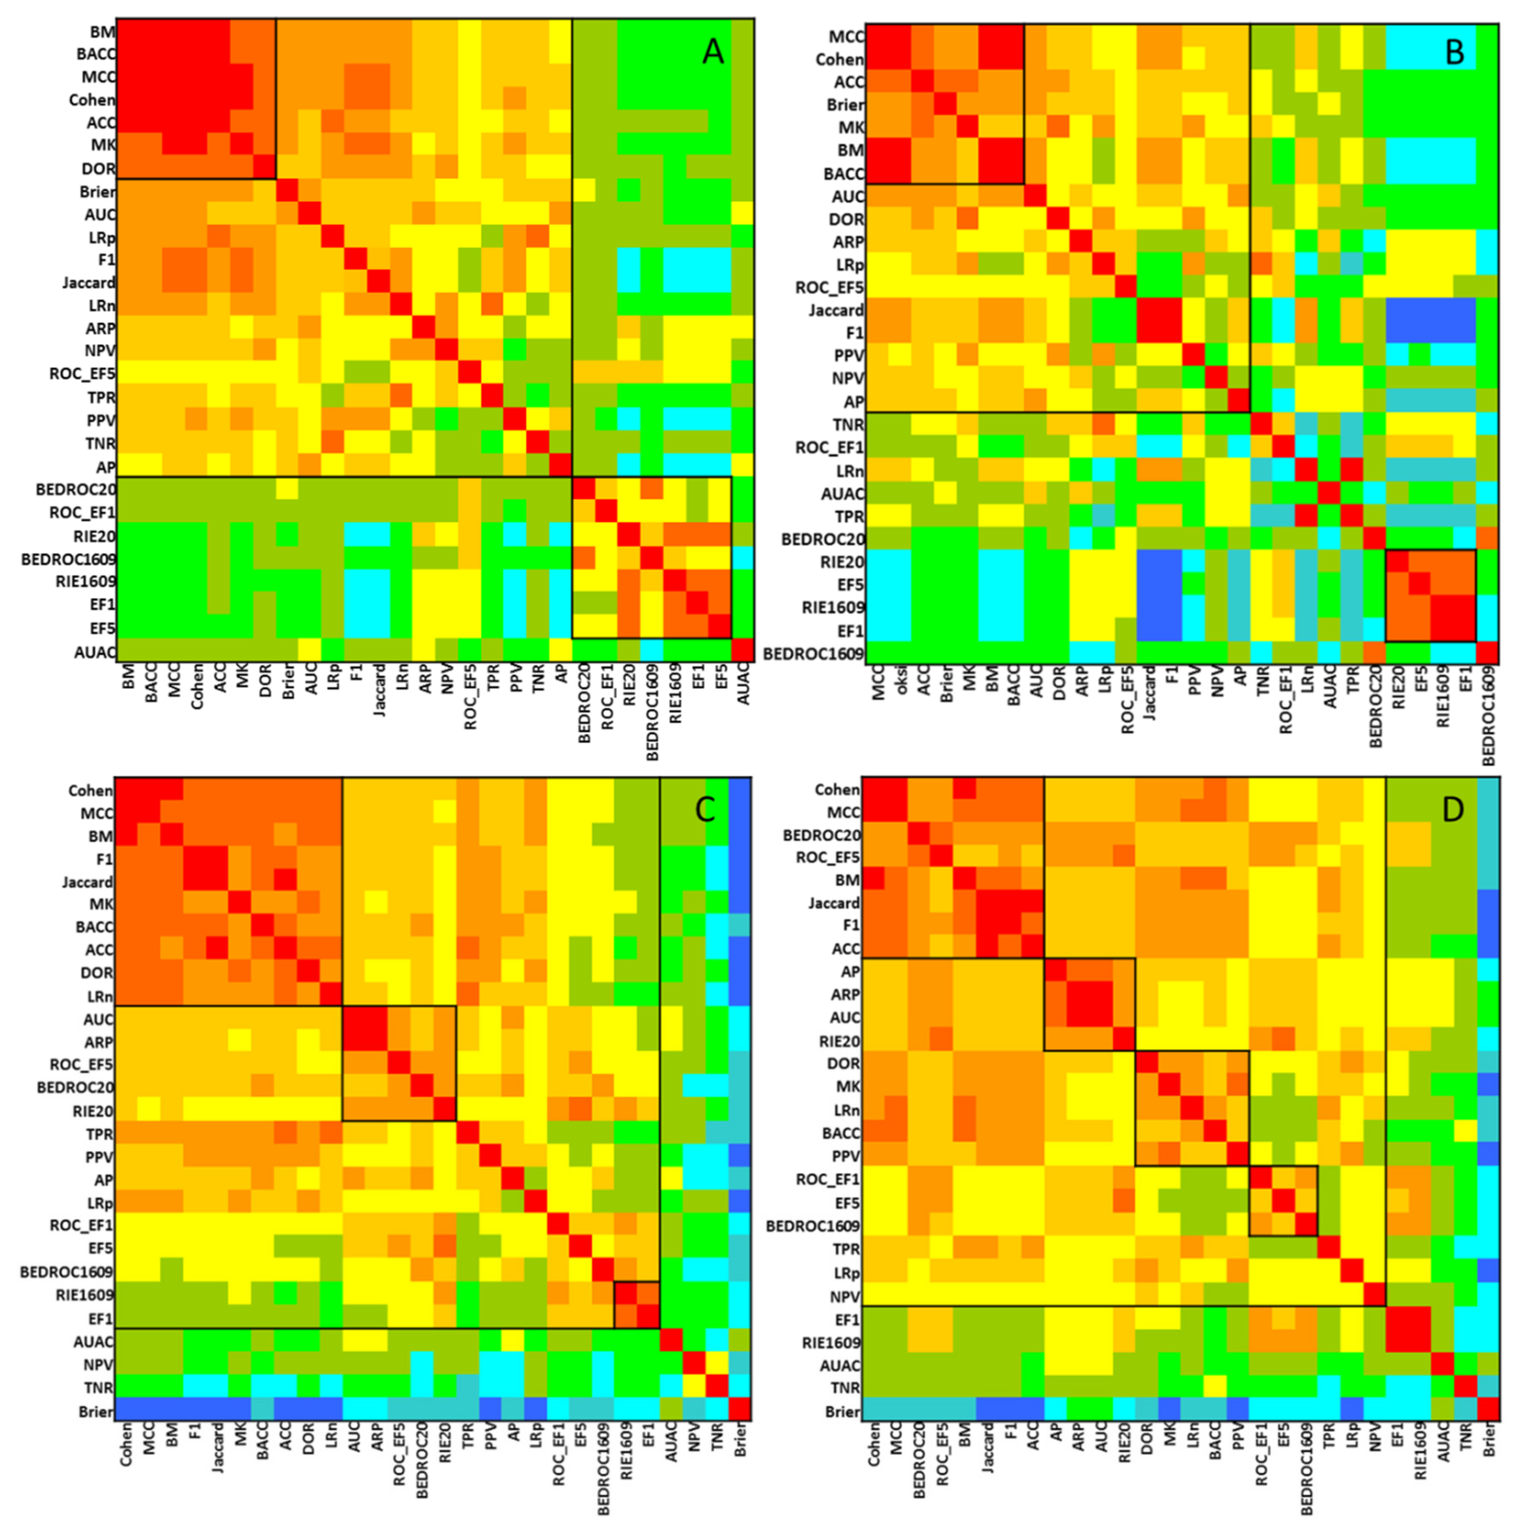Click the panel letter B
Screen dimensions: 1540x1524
tap(1454, 53)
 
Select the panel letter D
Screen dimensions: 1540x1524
tap(1452, 810)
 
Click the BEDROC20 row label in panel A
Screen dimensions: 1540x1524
tap(76, 489)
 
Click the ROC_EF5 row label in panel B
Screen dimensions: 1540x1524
tap(829, 288)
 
